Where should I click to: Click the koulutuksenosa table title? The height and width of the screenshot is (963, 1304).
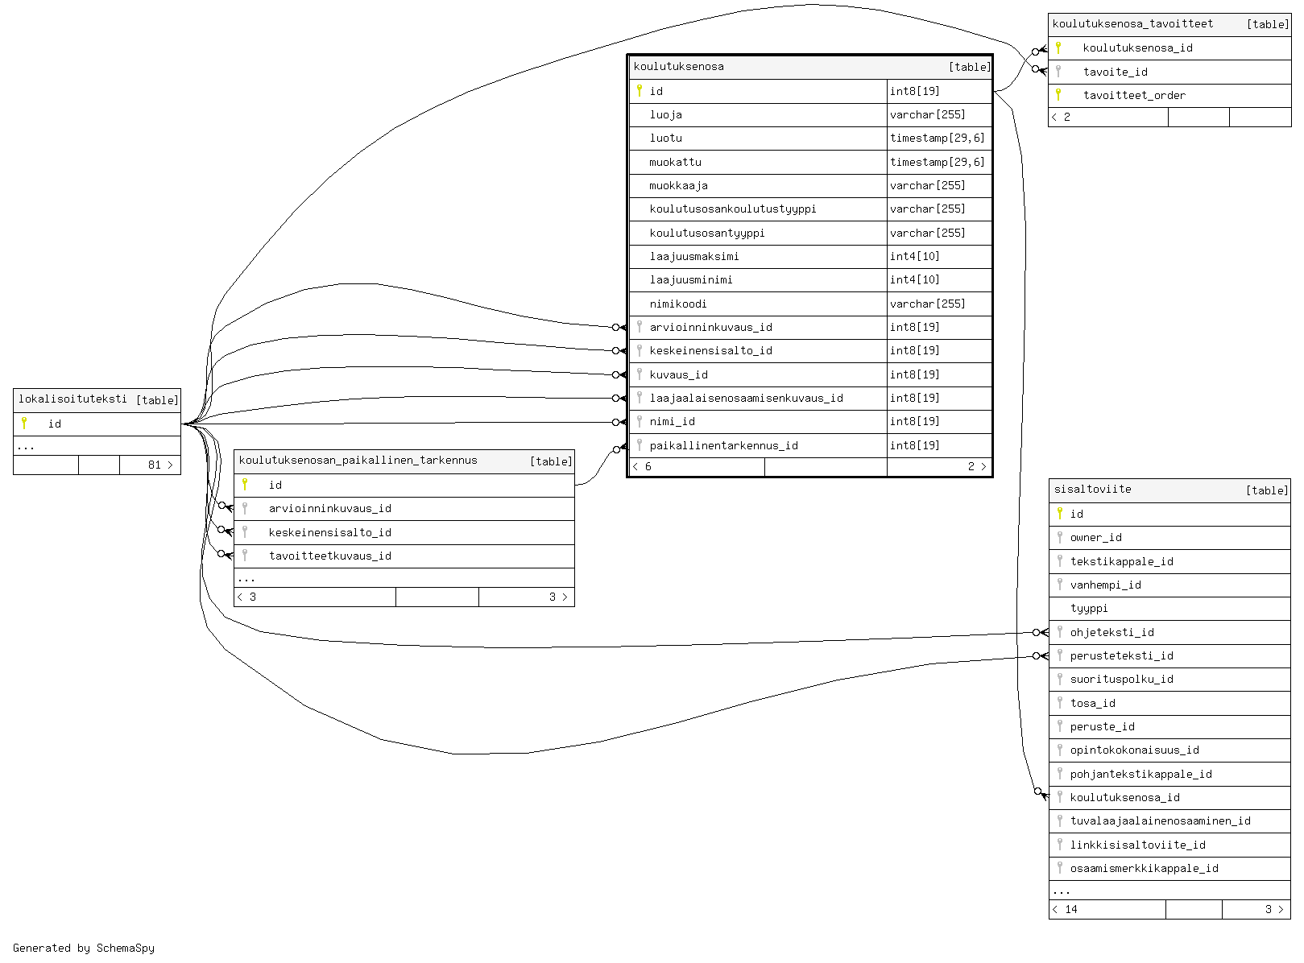coord(678,67)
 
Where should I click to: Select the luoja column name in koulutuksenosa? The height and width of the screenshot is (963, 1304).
coord(665,115)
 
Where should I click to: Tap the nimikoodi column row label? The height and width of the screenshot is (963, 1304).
coord(677,304)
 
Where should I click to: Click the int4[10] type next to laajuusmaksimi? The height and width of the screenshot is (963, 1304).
coord(914,256)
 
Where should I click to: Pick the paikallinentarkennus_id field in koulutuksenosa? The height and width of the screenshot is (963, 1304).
coord(723,445)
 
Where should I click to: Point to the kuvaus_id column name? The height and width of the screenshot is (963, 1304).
coord(678,374)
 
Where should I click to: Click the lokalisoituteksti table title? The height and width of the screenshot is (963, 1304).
coord(72,399)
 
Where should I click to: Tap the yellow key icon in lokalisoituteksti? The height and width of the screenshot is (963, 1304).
coord(25,424)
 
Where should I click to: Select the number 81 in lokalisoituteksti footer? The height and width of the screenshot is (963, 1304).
coord(154,465)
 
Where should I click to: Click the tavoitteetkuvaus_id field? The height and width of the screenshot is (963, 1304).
coord(329,556)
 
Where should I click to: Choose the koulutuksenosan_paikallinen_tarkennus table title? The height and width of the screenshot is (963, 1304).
coord(358,461)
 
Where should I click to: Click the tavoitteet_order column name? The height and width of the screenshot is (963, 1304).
coord(1133,95)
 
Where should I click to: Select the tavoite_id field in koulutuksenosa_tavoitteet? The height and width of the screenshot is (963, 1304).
coord(1115,72)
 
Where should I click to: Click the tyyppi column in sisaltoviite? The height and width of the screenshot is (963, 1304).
coord(1088,608)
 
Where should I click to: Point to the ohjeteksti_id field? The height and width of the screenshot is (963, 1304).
coord(1112,632)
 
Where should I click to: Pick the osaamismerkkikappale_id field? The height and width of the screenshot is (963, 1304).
coord(1144,868)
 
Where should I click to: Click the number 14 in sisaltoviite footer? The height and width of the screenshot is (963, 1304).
coord(1070,909)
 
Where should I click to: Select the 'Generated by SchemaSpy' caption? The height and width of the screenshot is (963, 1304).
coord(84,948)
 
